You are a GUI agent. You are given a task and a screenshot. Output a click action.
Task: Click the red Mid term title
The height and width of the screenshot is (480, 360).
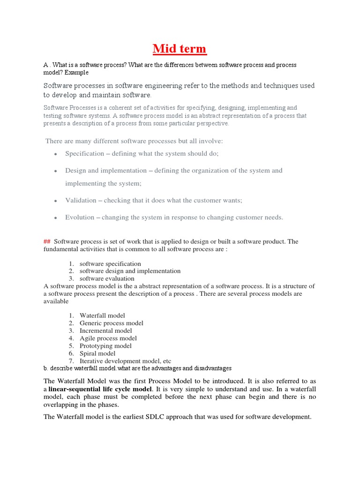click(x=180, y=49)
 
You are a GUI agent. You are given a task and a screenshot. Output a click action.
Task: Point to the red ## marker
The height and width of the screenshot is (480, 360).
click(x=46, y=241)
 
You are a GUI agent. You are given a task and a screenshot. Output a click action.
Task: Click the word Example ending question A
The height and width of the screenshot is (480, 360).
click(x=76, y=73)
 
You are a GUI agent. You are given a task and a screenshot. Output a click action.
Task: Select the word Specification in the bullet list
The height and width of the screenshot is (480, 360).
click(x=84, y=153)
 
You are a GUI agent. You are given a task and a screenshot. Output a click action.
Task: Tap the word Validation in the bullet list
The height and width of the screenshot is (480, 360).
click(x=81, y=200)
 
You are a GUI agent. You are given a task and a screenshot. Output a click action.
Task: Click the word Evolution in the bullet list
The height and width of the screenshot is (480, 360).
click(x=80, y=217)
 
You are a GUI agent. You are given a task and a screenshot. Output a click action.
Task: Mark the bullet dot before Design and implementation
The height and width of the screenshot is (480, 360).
click(x=56, y=171)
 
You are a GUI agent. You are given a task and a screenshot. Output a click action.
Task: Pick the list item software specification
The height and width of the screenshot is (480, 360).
click(x=110, y=263)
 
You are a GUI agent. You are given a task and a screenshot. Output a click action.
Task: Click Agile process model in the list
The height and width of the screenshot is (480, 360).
click(x=108, y=338)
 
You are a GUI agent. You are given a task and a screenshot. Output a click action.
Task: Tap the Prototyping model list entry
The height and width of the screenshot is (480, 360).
click(x=105, y=346)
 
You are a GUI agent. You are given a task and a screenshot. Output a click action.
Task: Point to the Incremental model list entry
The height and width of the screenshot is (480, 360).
click(x=106, y=330)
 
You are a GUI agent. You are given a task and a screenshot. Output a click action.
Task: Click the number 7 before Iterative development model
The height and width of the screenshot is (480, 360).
click(x=71, y=361)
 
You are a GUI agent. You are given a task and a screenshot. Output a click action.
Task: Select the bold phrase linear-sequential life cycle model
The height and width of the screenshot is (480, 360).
click(x=100, y=389)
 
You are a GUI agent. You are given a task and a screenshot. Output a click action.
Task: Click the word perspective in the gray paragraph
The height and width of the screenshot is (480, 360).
click(x=211, y=124)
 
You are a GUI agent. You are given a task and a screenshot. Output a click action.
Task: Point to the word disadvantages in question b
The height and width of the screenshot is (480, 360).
click(x=213, y=368)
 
